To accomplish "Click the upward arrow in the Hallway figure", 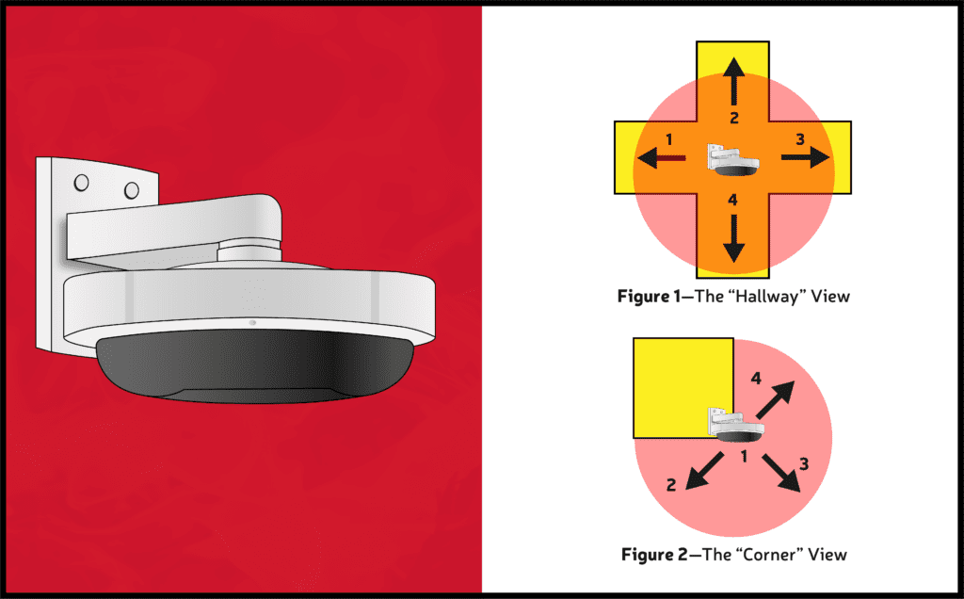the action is click(733, 81).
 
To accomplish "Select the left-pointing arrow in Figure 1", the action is click(661, 158).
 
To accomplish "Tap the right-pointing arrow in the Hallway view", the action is click(806, 157).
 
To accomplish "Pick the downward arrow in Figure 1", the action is click(733, 238).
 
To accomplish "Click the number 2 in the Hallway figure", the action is click(734, 118).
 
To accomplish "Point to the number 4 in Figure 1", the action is click(732, 200).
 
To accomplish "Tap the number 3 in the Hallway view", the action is click(800, 139).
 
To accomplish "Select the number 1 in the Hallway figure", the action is click(669, 139).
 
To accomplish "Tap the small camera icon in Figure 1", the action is click(732, 160).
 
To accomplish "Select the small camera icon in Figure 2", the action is click(737, 425).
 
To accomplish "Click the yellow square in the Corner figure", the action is click(683, 387).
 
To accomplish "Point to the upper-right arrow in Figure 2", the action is click(775, 399).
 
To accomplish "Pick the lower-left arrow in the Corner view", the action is click(704, 471).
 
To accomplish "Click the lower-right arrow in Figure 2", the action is click(781, 473).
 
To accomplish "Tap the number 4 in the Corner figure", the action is click(756, 379).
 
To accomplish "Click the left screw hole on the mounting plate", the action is click(81, 183).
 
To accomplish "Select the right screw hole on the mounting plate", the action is click(132, 190).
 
